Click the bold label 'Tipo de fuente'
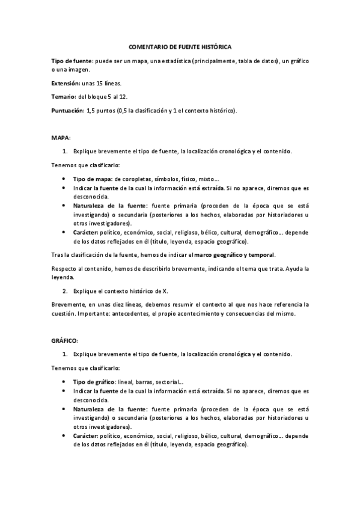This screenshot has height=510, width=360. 71,61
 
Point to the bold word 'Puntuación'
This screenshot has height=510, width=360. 67,110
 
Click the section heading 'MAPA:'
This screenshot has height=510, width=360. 61,138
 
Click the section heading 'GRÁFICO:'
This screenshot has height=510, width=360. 65,340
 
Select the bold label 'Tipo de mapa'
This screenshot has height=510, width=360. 91,179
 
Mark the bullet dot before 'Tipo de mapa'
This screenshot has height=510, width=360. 64,179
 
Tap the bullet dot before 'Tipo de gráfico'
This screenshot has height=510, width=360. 64,382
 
